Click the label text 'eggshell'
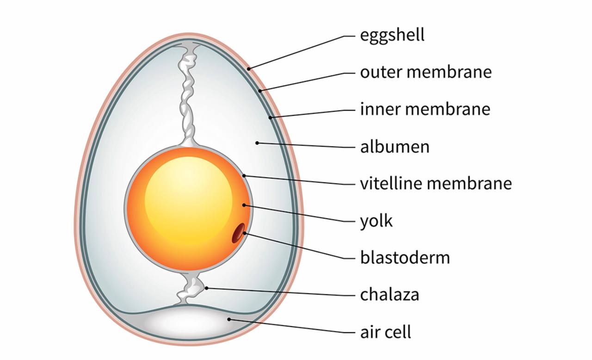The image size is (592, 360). point(392,35)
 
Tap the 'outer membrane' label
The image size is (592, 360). point(425,73)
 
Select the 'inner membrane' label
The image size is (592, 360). point(425,110)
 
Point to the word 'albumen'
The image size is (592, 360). point(395,147)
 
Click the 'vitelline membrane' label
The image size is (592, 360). point(436,184)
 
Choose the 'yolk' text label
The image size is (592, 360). point(376,221)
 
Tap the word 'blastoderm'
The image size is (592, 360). point(405,257)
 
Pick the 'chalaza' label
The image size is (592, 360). point(389,295)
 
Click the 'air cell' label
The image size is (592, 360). point(385,332)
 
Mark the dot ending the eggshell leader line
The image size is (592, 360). point(249,69)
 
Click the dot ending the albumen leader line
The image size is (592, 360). point(257,143)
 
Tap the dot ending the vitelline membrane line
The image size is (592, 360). point(244,175)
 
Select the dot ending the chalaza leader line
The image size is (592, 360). point(207,288)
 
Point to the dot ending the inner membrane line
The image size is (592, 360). point(271,118)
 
